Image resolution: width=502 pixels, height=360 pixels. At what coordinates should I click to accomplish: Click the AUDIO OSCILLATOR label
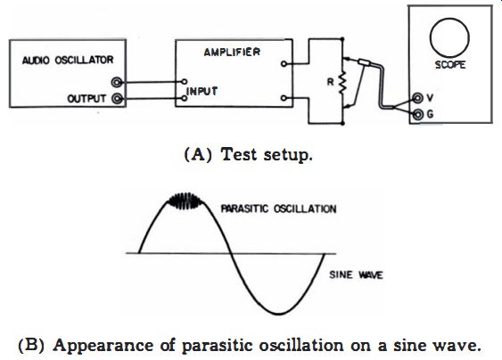coord(68,60)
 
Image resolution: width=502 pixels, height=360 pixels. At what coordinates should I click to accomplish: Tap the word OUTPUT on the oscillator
coord(86,99)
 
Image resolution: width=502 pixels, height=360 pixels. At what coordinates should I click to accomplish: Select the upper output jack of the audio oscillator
coord(117,83)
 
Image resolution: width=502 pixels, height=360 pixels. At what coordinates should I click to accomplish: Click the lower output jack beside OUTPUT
coord(117,99)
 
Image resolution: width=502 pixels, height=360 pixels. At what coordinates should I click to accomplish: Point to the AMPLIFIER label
coord(232,52)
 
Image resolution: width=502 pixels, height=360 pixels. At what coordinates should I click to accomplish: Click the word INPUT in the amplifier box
coord(202,92)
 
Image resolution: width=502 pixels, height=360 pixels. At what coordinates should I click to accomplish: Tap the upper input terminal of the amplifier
coord(184,82)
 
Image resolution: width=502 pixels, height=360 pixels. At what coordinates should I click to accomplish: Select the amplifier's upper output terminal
coord(284,64)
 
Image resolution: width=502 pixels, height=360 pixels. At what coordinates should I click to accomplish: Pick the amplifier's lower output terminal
coord(284,98)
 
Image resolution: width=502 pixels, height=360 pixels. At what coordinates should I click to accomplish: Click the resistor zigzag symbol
coord(342,82)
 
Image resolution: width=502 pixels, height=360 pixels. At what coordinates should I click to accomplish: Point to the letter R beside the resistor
coord(330,82)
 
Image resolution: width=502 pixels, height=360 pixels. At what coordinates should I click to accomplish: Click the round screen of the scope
coord(449,37)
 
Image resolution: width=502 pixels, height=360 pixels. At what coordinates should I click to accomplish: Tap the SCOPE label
coord(449,65)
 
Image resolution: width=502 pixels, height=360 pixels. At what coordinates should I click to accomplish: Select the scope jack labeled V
coord(417,98)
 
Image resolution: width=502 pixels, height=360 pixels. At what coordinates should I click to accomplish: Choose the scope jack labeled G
coord(417,114)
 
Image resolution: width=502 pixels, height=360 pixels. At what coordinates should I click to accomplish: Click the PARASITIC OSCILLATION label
coord(278,209)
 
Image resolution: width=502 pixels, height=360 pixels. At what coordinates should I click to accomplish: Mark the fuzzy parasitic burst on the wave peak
coord(185,201)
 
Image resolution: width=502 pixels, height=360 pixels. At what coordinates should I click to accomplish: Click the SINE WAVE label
coord(356,274)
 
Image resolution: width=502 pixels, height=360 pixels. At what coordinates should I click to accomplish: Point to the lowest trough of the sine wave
coord(279,314)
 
